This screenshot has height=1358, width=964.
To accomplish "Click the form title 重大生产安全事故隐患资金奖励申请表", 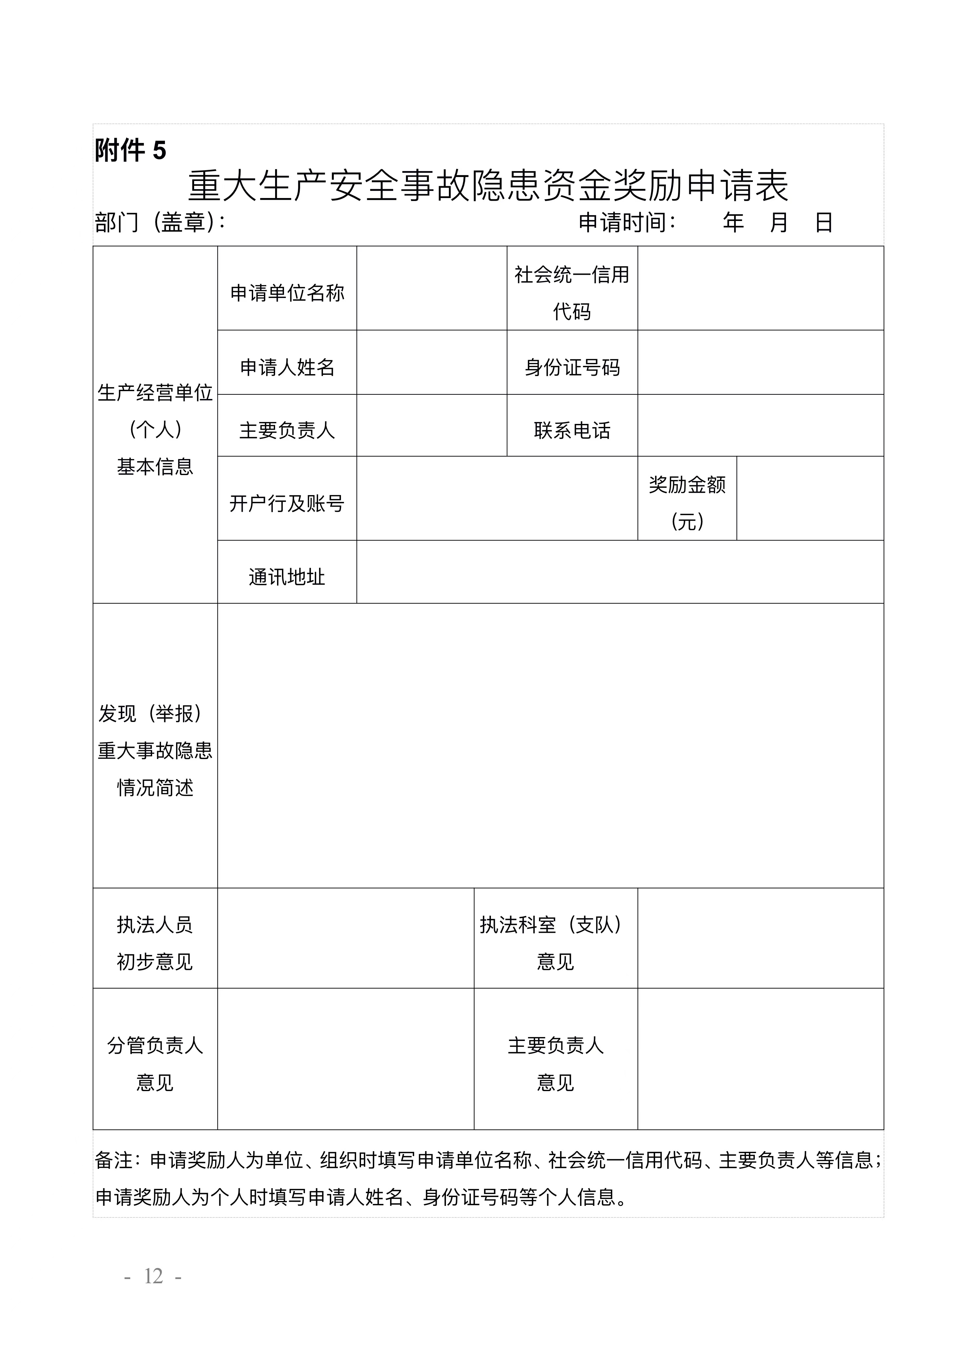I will [x=488, y=186].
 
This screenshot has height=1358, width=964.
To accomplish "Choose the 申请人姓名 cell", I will [x=287, y=368].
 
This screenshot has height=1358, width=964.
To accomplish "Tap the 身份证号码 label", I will [x=572, y=368].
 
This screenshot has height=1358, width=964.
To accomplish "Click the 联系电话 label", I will [x=572, y=430].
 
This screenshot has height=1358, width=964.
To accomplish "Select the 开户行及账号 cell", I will [x=287, y=503].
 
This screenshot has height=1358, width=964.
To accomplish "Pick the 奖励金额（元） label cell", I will [x=687, y=503].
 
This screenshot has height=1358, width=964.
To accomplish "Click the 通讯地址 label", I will [x=287, y=577].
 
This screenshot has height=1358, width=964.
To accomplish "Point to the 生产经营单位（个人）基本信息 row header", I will [x=155, y=430].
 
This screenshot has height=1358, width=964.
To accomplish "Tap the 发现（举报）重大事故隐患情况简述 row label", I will [x=155, y=750].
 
